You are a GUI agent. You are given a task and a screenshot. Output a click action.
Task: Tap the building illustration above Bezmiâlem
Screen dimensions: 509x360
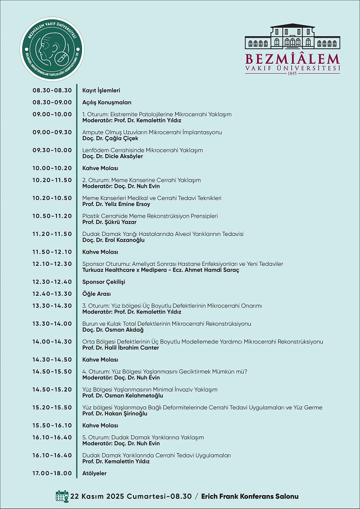[292, 37]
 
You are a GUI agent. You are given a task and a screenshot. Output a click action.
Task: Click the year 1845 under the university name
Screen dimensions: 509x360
[292, 73]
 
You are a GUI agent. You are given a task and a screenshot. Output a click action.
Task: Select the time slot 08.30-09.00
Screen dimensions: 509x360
[52, 102]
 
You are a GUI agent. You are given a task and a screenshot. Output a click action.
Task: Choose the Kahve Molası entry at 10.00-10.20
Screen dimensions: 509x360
[100, 168]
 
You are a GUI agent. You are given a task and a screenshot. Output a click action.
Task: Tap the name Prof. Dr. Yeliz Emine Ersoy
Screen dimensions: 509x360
[116, 204]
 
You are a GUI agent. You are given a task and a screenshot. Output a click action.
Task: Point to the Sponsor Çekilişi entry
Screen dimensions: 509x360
[104, 282]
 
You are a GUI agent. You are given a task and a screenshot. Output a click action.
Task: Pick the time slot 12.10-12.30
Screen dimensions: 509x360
[52, 264]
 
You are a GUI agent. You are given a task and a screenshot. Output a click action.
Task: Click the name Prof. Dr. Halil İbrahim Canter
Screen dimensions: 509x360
[120, 348]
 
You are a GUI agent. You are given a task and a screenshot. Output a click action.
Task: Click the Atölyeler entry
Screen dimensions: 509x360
[94, 473]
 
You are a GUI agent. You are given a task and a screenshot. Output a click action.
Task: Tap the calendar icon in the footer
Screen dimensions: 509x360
[61, 495]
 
